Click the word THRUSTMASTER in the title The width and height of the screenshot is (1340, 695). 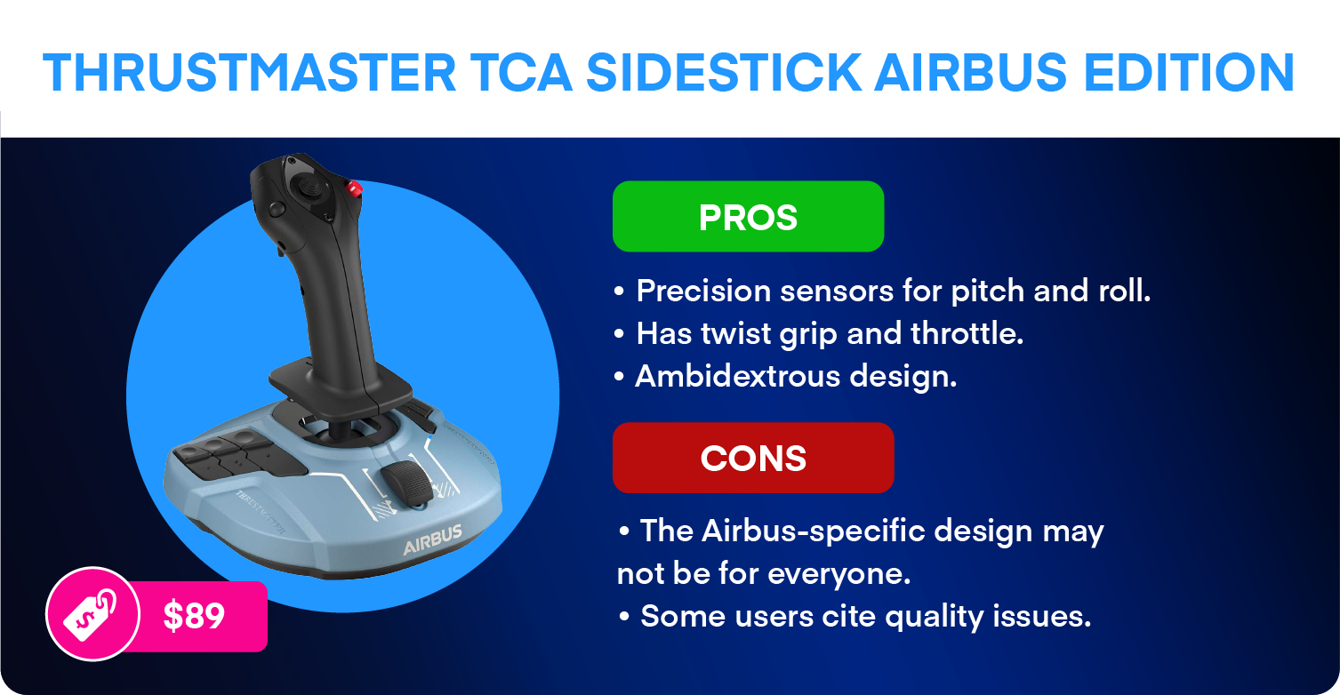click(249, 73)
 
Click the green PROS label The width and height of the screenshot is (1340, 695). click(748, 217)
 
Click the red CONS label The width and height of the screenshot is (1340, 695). click(753, 459)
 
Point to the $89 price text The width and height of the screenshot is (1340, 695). click(194, 616)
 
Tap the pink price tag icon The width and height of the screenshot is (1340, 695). click(92, 613)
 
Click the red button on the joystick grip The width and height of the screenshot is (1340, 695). click(354, 188)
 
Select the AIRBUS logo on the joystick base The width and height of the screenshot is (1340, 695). click(432, 539)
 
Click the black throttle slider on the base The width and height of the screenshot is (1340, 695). click(406, 482)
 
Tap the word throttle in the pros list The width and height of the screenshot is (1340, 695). click(967, 333)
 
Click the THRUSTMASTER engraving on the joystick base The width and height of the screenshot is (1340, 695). click(261, 512)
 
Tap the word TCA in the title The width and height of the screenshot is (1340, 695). click(520, 73)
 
